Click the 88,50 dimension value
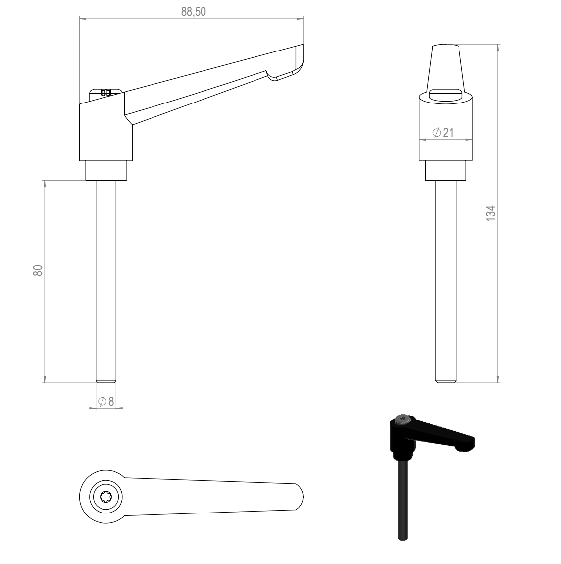coord(194,12)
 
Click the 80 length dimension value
coord(38,270)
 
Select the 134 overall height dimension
coord(491,213)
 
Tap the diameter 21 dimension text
coord(443,132)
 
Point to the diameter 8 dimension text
coord(106,401)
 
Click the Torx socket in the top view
coord(106,497)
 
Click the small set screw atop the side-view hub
coord(105,92)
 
